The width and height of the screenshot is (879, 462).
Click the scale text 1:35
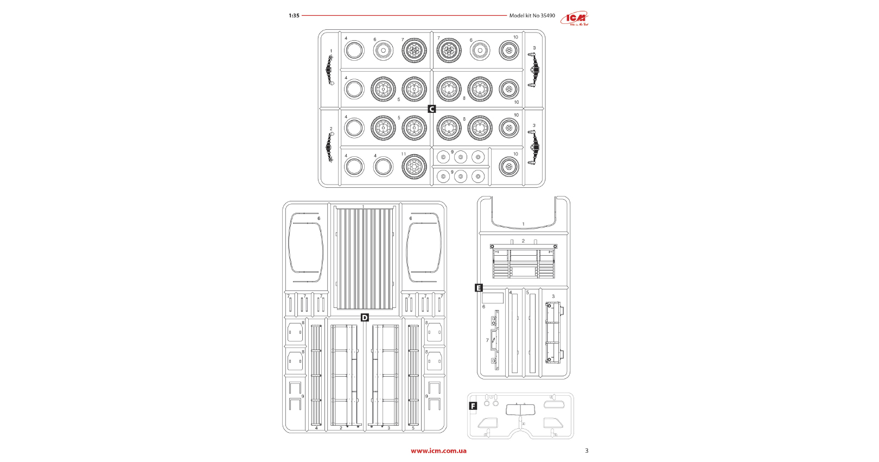[x=294, y=16]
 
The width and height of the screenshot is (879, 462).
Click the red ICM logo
[x=576, y=18]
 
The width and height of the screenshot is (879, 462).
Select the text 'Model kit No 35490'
[x=532, y=16]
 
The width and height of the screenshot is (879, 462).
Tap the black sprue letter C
[x=432, y=109]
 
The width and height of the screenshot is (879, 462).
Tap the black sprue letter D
[x=365, y=318]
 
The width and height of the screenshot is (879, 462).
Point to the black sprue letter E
[x=479, y=288]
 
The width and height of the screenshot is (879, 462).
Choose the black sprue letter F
[x=473, y=406]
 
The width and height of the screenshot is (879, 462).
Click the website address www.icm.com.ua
[x=438, y=451]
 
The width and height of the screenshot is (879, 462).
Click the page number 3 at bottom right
[x=587, y=451]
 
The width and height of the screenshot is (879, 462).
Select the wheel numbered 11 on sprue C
[x=414, y=167]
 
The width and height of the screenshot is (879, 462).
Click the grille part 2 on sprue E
[x=524, y=261]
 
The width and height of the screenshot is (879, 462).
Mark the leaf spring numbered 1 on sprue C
[x=330, y=68]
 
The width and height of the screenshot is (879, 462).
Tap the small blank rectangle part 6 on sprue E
[x=493, y=298]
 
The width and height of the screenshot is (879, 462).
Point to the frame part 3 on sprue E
[x=553, y=333]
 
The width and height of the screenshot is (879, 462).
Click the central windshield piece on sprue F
[x=520, y=410]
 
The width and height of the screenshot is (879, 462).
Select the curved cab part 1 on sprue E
[x=524, y=217]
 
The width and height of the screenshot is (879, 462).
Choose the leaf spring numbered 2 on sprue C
[x=329, y=147]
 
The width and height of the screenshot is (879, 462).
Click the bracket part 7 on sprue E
[x=495, y=340]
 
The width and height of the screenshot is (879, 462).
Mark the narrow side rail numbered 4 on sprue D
[x=316, y=375]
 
